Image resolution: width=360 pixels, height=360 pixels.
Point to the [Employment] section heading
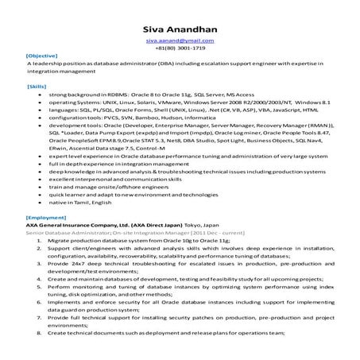(45, 217)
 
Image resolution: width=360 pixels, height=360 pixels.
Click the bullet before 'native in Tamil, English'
(40, 204)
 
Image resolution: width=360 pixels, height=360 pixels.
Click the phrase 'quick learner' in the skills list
(68, 193)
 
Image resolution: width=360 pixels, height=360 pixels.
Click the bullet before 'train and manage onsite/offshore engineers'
(40, 185)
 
